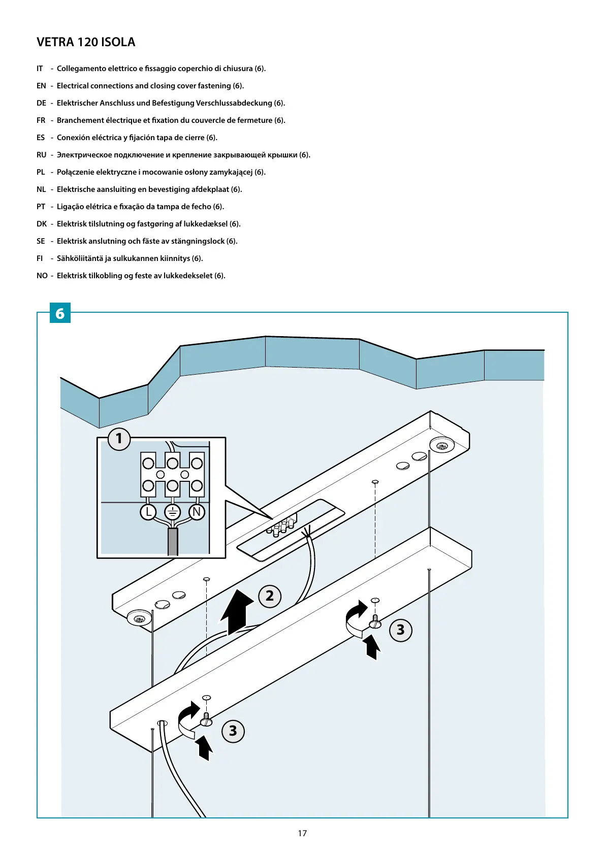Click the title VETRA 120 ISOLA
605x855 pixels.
pyautogui.click(x=86, y=42)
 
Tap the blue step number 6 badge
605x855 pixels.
pyautogui.click(x=60, y=313)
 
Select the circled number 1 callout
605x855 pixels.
pyautogui.click(x=119, y=438)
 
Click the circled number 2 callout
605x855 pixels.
pyautogui.click(x=270, y=596)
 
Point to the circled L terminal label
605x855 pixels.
pyautogui.click(x=148, y=512)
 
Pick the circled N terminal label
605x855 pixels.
pyautogui.click(x=197, y=512)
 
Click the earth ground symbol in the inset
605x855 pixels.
pyautogui.click(x=173, y=512)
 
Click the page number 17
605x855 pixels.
pyautogui.click(x=302, y=833)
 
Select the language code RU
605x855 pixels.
pyautogui.click(x=41, y=155)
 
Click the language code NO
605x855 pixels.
pyautogui.click(x=42, y=276)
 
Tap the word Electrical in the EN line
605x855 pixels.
pyautogui.click(x=73, y=86)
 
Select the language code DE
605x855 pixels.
pyautogui.click(x=41, y=103)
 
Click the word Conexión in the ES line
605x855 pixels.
pyautogui.click(x=73, y=138)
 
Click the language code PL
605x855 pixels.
pyautogui.click(x=41, y=172)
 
